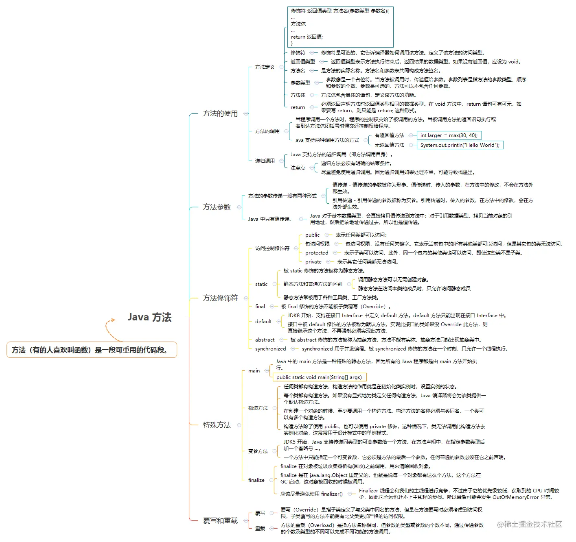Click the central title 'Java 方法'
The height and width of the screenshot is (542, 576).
coord(150,317)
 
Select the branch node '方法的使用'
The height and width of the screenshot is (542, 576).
coord(220,113)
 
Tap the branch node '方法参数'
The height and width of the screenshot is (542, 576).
coord(217,207)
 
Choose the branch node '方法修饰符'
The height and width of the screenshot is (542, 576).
coord(220,298)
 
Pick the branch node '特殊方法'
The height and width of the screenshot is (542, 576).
coord(217,425)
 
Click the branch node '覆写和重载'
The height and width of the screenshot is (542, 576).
coord(220,520)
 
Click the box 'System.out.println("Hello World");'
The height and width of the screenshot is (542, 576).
coord(460,145)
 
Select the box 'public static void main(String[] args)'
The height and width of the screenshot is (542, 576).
coord(319,377)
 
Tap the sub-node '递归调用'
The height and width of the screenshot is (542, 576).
coord(265,161)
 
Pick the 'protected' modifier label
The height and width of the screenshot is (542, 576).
coord(317,253)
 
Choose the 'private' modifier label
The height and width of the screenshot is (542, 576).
coord(313,262)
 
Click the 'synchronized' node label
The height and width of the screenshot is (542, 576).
coord(271,349)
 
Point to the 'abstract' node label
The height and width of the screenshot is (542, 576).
coord(265,340)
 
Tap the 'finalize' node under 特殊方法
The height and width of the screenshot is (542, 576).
coord(256,480)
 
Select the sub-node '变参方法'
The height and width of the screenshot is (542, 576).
coord(258,451)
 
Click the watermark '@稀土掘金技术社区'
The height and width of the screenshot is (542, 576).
coord(530,524)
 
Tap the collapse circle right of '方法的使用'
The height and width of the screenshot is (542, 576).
coord(246,113)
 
